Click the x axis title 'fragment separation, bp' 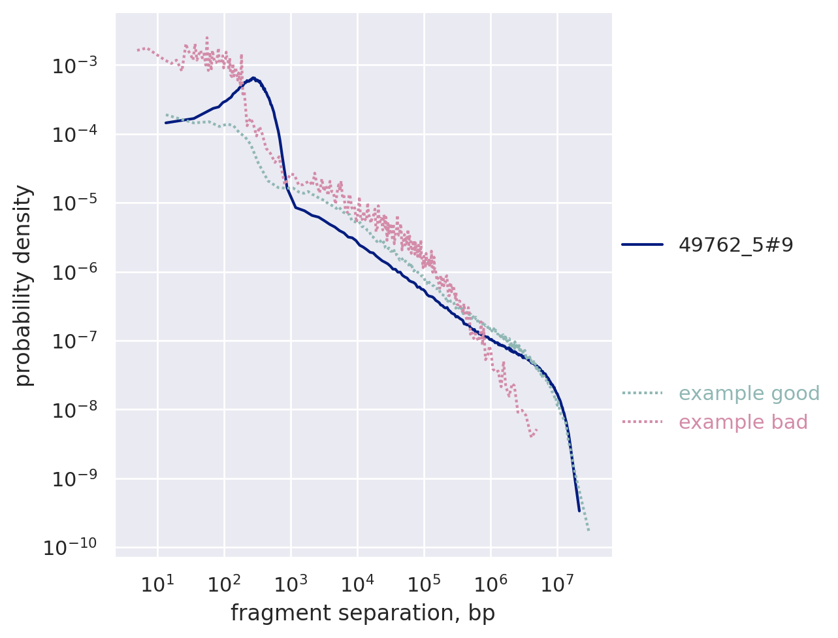coord(363,613)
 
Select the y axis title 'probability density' coord(24,285)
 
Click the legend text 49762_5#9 coord(735,244)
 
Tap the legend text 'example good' coord(749,394)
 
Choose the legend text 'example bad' coord(743,422)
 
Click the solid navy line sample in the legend coord(642,244)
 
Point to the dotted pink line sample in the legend coord(642,422)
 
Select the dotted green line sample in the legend coord(642,394)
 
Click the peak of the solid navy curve coord(253,78)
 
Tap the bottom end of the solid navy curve coord(579,511)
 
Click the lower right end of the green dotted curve coord(588,529)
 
